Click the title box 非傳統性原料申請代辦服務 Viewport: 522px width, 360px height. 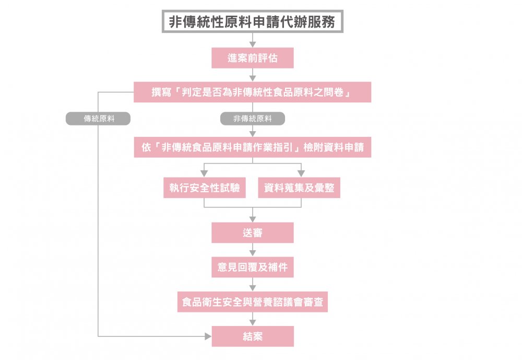(253, 21)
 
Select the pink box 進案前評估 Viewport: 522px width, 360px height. (253, 58)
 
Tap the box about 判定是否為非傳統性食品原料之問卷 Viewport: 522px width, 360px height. (253, 92)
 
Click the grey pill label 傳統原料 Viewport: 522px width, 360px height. (98, 119)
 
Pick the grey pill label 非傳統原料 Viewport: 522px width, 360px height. (253, 119)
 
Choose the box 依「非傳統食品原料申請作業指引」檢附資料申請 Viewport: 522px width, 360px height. (253, 147)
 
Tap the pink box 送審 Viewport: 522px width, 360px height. (253, 233)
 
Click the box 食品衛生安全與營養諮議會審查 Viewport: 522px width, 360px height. (253, 302)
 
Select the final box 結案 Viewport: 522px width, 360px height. (253, 336)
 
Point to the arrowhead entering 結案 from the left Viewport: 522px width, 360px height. (208, 336)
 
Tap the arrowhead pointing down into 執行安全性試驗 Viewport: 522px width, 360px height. (204, 173)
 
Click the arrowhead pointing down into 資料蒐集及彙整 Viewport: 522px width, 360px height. (301, 173)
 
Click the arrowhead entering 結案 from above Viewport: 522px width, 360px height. (253, 322)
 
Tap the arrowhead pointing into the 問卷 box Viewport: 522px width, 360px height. (253, 78)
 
